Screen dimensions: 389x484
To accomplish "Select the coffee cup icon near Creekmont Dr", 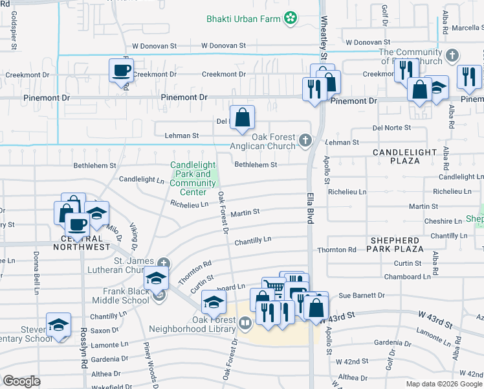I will click(x=121, y=70).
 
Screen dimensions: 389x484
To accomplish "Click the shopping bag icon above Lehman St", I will click(x=242, y=119).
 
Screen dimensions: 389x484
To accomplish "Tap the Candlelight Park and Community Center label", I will click(x=193, y=178).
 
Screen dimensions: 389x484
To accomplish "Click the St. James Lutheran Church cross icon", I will click(x=164, y=263).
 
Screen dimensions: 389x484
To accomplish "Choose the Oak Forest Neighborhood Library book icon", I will click(x=245, y=322).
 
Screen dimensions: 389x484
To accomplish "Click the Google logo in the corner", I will click(x=21, y=381).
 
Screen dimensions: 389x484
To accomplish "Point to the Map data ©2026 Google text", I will click(x=443, y=384).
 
